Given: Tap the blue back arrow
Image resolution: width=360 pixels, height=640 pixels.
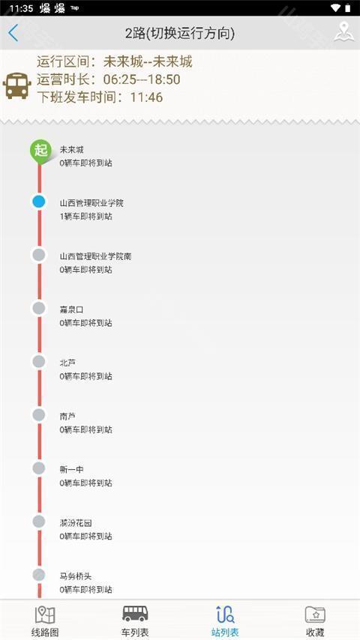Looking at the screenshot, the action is coord(13,33).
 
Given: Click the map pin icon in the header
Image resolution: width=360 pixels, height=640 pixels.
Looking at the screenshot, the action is coord(343,32).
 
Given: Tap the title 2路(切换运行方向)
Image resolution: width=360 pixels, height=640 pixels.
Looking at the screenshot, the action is coord(180,34).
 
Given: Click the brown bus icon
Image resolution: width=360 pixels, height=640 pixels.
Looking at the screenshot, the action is coord(16,85).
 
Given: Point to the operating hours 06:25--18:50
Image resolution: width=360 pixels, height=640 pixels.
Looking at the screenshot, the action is coord(142,79).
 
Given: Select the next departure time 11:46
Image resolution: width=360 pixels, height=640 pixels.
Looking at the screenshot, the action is coord(146,97).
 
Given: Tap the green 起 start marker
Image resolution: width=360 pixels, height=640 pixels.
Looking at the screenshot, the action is coord(40,151).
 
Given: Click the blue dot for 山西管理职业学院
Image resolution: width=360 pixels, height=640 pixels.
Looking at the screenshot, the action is coord(39,202).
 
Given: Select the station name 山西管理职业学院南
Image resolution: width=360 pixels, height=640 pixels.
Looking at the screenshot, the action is coord(95,257).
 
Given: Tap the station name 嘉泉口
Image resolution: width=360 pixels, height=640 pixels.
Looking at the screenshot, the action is coord(71,310).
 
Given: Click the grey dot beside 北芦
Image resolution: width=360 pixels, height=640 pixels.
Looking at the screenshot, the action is coord(39,362).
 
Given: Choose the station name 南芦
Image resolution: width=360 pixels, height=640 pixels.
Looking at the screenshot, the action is coord(67,417).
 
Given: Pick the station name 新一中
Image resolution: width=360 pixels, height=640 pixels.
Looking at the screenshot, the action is coord(71,470).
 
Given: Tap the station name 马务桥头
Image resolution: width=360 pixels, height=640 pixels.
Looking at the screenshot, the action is coord(76,576).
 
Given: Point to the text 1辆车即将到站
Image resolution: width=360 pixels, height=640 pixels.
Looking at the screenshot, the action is coord(85,217).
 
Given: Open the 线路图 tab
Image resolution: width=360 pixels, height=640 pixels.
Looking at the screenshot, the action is coord(45,621).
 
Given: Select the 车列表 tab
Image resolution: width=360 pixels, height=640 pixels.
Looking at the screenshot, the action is coord(135,621).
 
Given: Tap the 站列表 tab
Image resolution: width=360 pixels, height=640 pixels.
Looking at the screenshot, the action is coord(225,621).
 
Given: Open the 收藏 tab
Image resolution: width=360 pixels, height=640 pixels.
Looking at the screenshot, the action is coord(315,621).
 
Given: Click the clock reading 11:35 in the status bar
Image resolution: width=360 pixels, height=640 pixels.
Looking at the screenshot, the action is coord(21,8).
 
